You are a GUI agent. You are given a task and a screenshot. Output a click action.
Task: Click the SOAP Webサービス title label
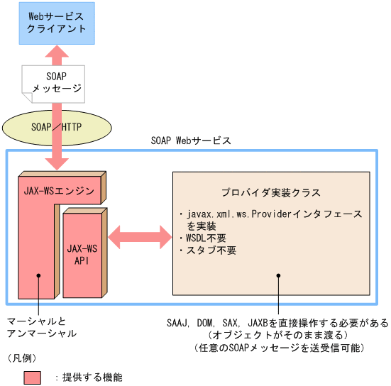[191, 140]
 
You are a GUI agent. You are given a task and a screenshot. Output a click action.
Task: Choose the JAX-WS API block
[82, 254]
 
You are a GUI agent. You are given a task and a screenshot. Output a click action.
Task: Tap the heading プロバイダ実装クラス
[270, 193]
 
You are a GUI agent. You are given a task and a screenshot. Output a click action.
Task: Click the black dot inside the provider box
[278, 276]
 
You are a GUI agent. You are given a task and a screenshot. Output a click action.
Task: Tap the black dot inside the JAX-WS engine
[40, 276]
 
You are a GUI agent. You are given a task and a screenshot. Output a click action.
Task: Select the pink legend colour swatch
[33, 377]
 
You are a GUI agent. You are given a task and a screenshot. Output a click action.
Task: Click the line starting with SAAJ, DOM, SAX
[278, 323]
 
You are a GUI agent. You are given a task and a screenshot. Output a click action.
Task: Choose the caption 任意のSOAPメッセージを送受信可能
[278, 348]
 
